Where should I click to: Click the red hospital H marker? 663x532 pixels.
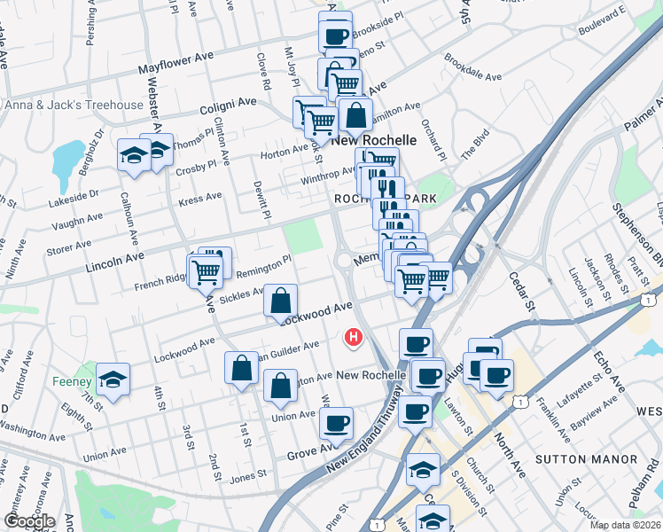(355, 338)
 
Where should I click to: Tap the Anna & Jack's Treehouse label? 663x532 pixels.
(74, 106)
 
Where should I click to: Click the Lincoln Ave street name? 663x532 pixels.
(114, 259)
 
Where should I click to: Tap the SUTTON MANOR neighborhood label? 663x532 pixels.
(586, 459)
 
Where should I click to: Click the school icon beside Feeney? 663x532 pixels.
(113, 379)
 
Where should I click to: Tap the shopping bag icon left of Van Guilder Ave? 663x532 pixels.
(242, 367)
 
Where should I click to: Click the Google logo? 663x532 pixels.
(29, 521)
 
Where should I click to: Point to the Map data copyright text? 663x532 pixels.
(626, 525)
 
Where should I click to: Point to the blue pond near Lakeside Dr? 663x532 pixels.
(68, 160)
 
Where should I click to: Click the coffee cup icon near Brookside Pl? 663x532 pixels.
(335, 36)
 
